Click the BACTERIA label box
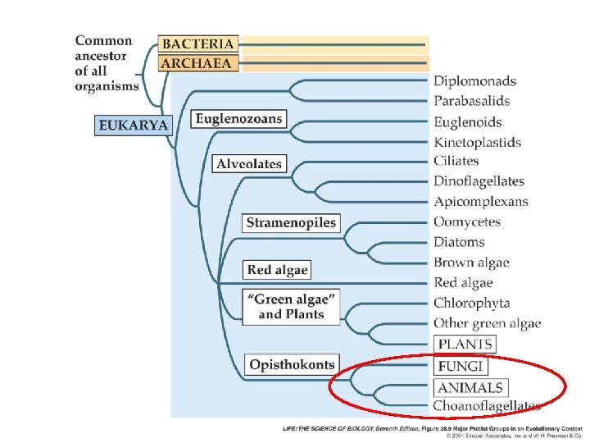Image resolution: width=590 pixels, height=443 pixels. pos(197,43)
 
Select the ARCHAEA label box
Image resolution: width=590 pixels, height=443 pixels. pos(197,63)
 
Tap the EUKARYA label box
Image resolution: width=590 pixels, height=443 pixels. pos(134,125)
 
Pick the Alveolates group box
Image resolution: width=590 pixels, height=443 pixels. pos(249,164)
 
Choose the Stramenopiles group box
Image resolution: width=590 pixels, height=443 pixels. pos(292,222)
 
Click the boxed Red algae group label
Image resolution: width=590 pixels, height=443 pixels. pos(278,269)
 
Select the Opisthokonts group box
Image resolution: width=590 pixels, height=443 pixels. pos(293,364)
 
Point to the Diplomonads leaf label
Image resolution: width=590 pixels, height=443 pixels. pos(474,81)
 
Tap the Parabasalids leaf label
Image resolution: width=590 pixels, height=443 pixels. pos(471,101)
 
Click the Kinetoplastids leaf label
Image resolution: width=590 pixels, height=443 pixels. pos(477,142)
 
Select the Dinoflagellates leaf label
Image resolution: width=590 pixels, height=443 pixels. pos(479,181)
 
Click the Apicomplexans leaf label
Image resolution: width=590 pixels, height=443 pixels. pos(480,202)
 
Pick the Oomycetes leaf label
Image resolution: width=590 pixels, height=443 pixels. pos(466,221)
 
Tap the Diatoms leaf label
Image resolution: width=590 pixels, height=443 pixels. pos(459,242)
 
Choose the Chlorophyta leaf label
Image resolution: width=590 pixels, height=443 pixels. pos(471,303)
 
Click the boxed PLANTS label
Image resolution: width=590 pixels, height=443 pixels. pos(465,345)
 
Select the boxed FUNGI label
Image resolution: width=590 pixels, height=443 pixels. pos(461,366)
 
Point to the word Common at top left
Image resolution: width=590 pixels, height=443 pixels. pos(103,41)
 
